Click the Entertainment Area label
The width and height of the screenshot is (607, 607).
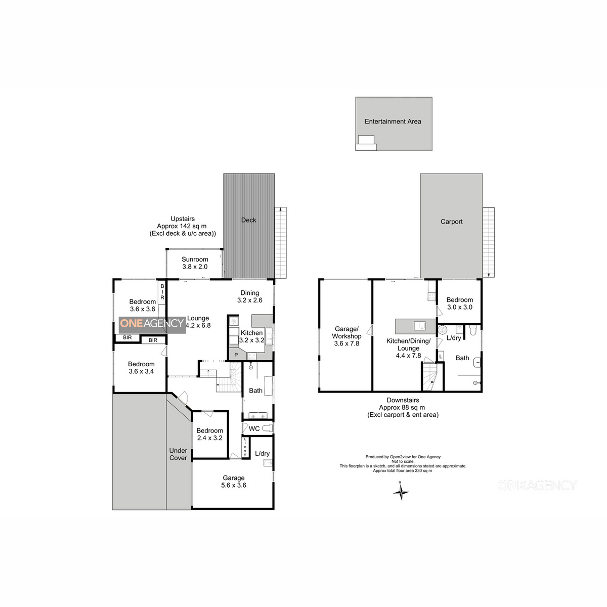[393, 121]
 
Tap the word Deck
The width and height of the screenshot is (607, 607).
[248, 220]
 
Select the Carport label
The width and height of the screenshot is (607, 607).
[451, 222]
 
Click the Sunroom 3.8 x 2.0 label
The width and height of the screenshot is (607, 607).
[195, 263]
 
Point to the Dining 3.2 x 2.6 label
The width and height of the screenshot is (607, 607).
[249, 296]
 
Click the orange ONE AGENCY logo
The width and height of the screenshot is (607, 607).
[152, 323]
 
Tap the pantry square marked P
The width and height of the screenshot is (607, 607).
[236, 355]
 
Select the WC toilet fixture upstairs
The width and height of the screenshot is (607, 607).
[267, 428]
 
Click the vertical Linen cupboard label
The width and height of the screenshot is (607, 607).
[245, 447]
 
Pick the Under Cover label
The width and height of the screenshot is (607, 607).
[178, 454]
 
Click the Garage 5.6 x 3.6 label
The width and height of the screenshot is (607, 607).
[233, 482]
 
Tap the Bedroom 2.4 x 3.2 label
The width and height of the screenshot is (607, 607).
[209, 434]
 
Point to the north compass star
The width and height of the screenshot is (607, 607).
[401, 492]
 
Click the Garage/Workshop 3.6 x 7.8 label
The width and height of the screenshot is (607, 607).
[346, 336]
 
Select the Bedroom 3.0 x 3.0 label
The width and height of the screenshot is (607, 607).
[459, 303]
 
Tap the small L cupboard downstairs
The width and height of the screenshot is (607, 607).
[441, 356]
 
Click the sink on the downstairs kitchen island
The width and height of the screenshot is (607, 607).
[419, 326]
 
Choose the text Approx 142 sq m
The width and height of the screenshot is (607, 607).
[182, 226]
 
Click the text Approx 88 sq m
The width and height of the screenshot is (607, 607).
[402, 407]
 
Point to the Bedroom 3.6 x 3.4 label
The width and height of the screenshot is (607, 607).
[141, 368]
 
